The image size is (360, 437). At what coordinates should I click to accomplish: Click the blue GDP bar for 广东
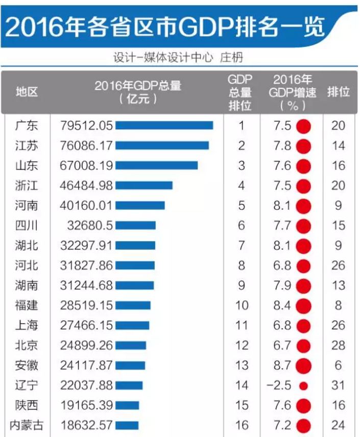164,126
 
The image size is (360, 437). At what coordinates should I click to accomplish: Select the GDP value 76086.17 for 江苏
86,145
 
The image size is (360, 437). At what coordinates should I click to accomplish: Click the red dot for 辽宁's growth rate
303,385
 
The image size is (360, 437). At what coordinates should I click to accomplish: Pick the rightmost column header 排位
338,92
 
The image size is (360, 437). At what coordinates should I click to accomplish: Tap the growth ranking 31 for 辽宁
338,385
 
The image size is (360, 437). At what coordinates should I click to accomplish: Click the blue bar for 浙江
144,185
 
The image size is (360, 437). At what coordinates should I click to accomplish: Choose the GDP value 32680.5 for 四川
90,225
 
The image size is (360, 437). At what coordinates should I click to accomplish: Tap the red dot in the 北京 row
303,345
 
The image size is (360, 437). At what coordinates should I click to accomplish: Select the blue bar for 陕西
127,405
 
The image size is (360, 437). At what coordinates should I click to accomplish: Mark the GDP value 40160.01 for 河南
86,205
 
